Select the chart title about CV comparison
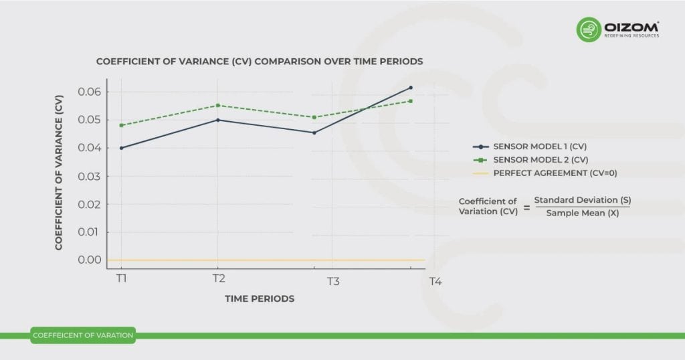[260, 62]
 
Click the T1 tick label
[121, 278]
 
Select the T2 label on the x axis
[218, 278]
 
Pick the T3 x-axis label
[333, 282]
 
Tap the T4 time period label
[435, 282]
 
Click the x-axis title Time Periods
[259, 299]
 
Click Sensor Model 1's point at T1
[122, 148]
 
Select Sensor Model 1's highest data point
[410, 88]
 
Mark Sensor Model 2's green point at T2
[218, 105]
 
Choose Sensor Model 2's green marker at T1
[122, 125]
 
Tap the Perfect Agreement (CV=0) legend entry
[555, 173]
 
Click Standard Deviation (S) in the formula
[582, 200]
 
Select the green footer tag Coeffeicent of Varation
[83, 335]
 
